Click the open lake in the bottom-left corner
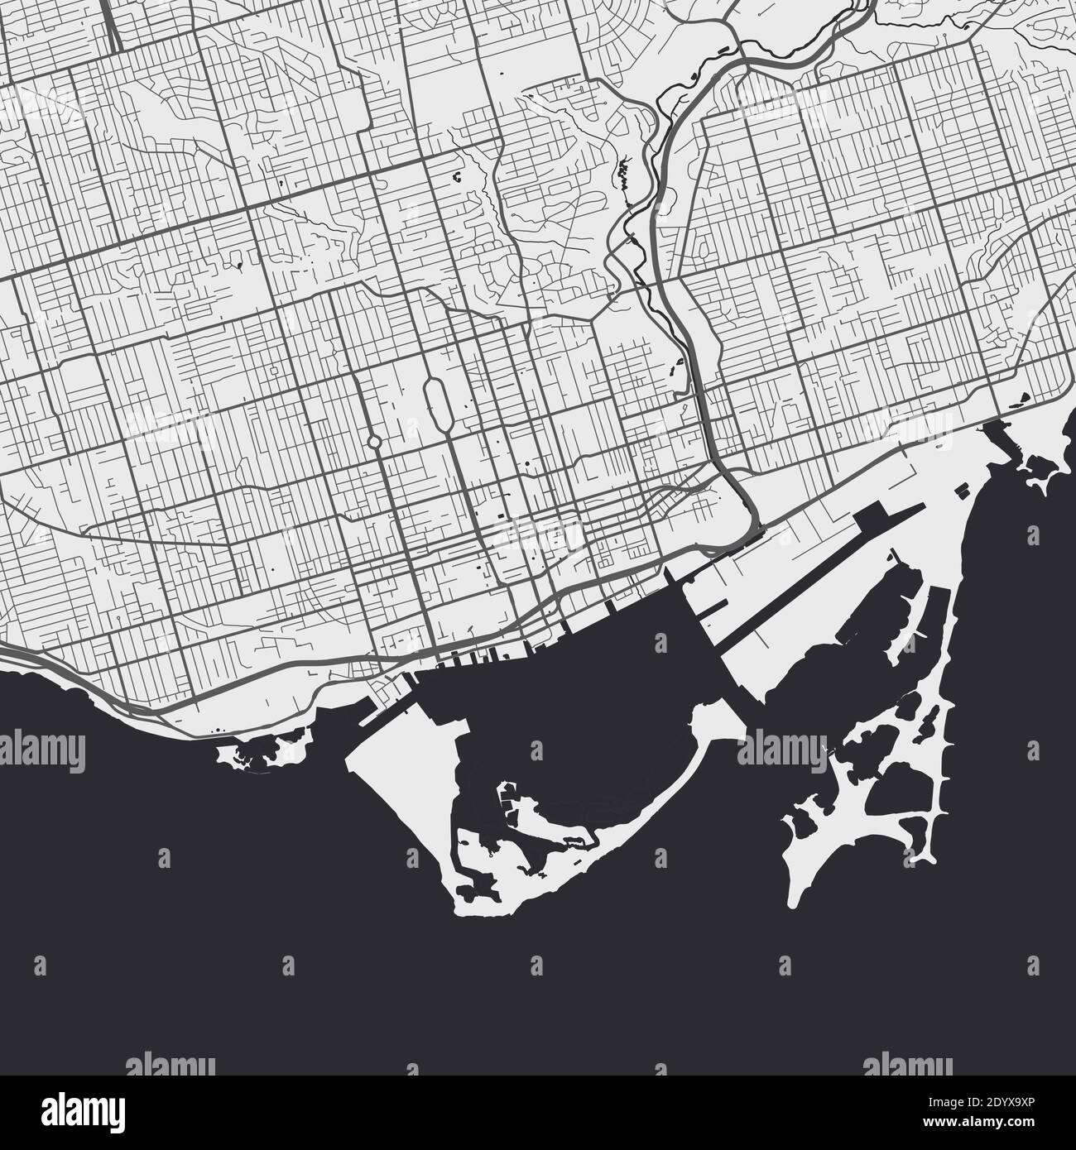(x=124, y=910)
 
